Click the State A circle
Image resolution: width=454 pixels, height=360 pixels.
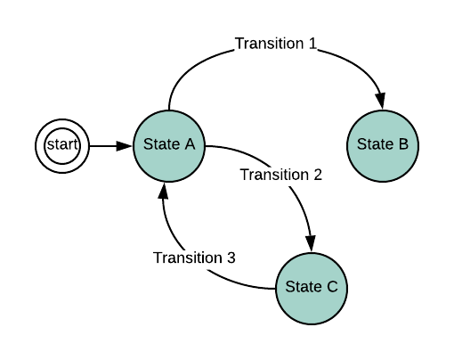[169, 146]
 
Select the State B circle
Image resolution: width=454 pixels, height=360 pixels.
[383, 146]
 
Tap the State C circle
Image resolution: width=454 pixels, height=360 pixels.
[312, 289]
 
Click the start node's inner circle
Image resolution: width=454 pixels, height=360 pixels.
[62, 146]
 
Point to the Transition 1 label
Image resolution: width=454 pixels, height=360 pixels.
[276, 44]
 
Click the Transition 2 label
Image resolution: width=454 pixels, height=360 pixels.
[281, 175]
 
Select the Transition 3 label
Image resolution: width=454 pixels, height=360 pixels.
[194, 258]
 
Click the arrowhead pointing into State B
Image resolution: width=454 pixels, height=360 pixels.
[380, 101]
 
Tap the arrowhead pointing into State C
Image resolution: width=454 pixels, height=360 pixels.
[311, 243]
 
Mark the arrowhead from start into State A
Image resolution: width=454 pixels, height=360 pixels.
[124, 146]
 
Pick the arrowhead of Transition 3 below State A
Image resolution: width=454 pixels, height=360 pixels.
[164, 191]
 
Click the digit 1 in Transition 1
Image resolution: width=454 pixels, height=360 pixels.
[312, 44]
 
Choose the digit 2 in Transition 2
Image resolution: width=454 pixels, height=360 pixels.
[318, 175]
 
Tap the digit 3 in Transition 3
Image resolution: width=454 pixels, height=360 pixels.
[231, 258]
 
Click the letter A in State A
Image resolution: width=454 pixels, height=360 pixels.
[190, 144]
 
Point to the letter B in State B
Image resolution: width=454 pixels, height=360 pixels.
[403, 144]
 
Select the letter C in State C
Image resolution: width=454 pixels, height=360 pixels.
[332, 287]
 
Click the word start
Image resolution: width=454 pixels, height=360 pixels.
[62, 144]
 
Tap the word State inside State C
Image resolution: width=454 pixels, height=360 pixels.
[304, 287]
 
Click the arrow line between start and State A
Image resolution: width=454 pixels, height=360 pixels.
[110, 146]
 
